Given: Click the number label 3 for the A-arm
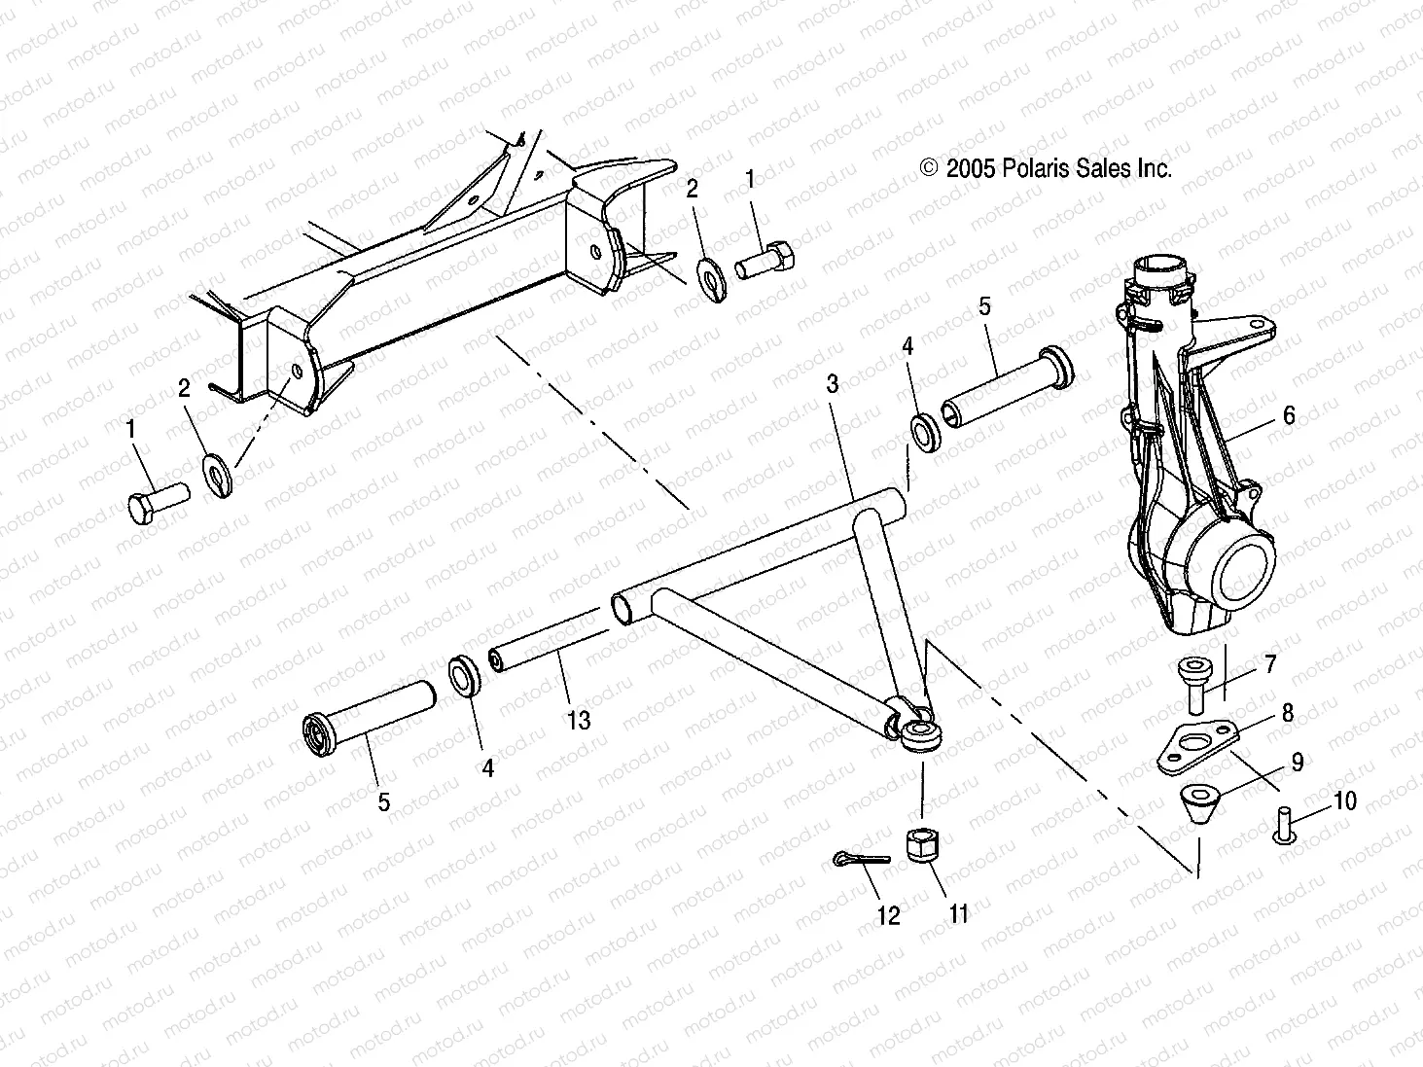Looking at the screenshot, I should click(833, 384).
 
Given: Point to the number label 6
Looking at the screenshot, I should click(1289, 415).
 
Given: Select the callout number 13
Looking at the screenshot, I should click(579, 721).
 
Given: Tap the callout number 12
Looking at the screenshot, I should click(888, 915).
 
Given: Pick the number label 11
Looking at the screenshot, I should click(959, 914).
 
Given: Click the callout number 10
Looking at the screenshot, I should click(1344, 800).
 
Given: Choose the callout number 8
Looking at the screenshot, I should click(1288, 713).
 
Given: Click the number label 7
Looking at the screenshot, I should click(1270, 665).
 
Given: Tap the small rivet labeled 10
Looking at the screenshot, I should click(1282, 826).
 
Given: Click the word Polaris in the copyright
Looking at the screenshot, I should click(1035, 168).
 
